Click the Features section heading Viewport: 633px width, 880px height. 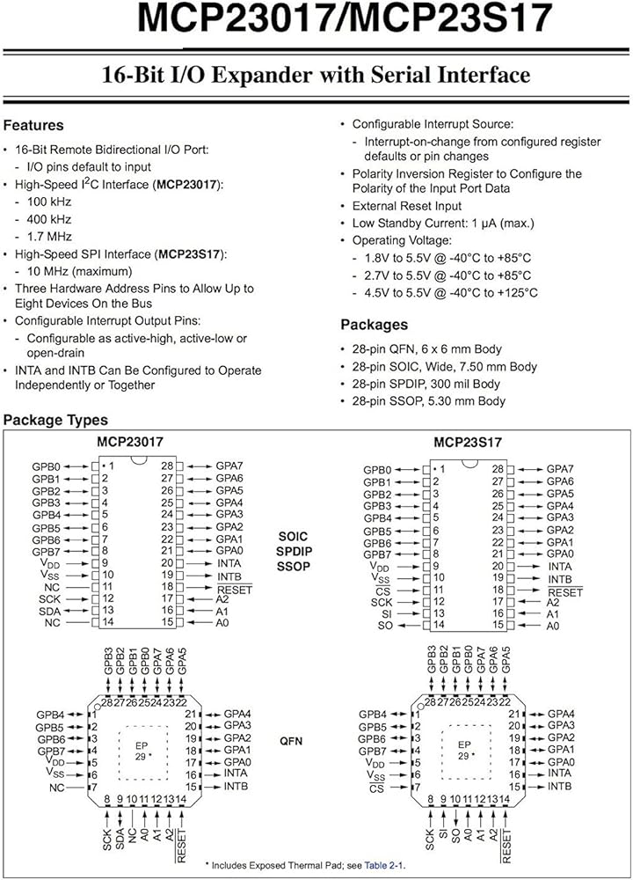[34, 125]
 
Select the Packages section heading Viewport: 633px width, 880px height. [374, 324]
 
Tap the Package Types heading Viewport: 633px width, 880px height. [55, 421]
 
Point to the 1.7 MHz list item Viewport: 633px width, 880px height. [50, 236]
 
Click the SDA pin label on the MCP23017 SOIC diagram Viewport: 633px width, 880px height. [49, 610]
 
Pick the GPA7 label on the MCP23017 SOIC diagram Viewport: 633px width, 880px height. [229, 466]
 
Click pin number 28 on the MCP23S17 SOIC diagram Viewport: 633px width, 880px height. [498, 469]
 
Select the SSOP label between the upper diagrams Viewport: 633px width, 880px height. [293, 567]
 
